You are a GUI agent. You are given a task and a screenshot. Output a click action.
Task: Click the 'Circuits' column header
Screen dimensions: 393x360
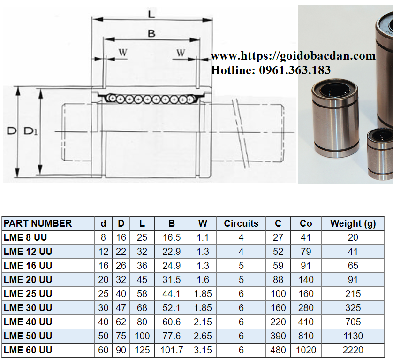pyautogui.click(x=241, y=223)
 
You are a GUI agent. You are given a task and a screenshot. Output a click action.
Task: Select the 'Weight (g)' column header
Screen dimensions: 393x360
pyautogui.click(x=353, y=223)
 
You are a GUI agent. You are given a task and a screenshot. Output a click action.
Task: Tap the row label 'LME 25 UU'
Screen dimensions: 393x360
pyautogui.click(x=28, y=294)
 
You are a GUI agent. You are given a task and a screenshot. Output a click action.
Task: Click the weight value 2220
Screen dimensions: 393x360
pyautogui.click(x=353, y=350)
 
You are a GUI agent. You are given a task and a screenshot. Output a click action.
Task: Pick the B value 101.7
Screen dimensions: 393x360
pyautogui.click(x=172, y=350)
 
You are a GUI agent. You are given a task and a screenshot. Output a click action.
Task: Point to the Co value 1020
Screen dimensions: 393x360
pyautogui.click(x=306, y=350)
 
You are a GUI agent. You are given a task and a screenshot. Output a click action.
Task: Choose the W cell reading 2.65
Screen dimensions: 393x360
pyautogui.click(x=203, y=336)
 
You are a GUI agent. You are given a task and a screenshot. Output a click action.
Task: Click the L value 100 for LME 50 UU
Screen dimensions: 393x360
pyautogui.click(x=142, y=336)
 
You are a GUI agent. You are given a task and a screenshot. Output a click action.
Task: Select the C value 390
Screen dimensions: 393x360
pyautogui.click(x=278, y=336)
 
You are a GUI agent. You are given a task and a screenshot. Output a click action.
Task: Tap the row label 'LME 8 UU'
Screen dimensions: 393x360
pyautogui.click(x=25, y=237)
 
